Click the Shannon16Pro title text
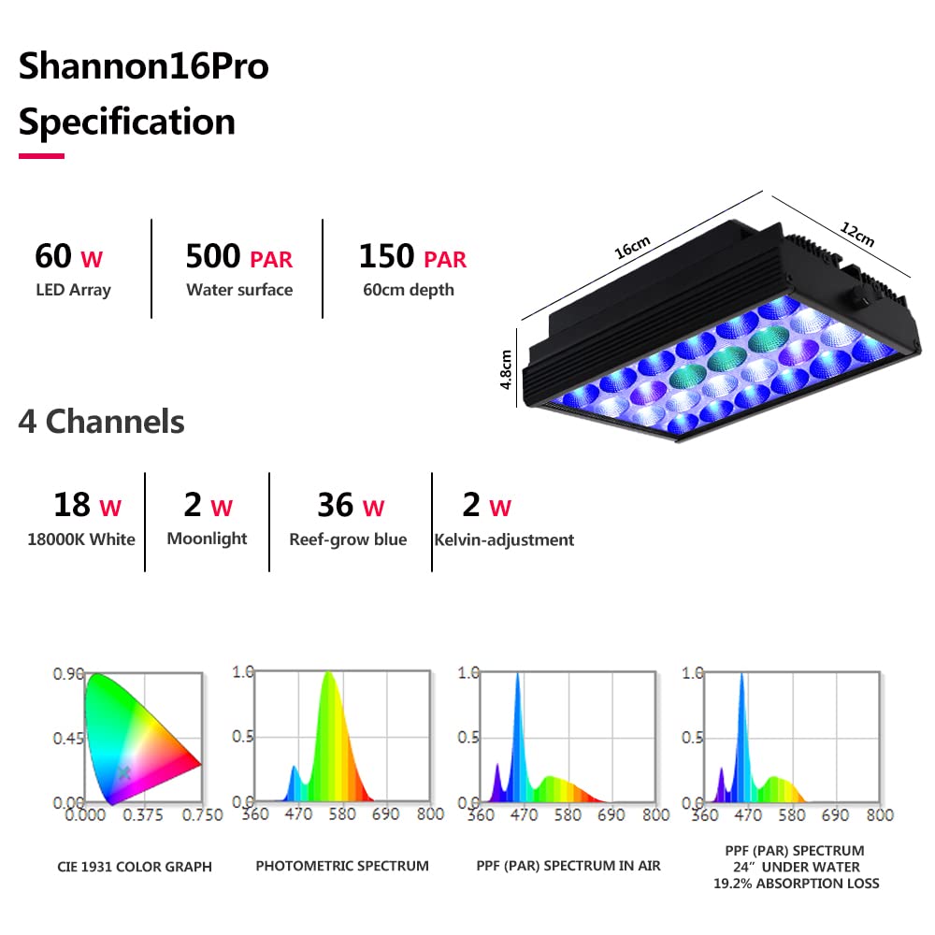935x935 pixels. coord(143,68)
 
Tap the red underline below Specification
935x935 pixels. coord(41,155)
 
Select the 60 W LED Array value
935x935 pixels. coord(68,256)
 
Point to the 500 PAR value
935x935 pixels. coord(238,256)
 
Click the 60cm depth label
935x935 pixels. coord(409,290)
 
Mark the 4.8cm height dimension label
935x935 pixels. coord(506,369)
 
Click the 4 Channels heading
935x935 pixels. coord(101,422)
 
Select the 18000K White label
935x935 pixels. coord(80,539)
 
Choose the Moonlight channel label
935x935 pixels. coord(207,539)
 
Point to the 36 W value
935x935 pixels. coord(351,506)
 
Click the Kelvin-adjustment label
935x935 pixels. coord(504,539)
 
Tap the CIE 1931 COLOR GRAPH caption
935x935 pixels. coord(135,867)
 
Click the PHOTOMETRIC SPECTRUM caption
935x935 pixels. coord(342,866)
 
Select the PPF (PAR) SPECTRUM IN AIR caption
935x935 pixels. coord(568,866)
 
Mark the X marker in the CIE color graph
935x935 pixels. coord(123,772)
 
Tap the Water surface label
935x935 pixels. coord(239,290)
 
